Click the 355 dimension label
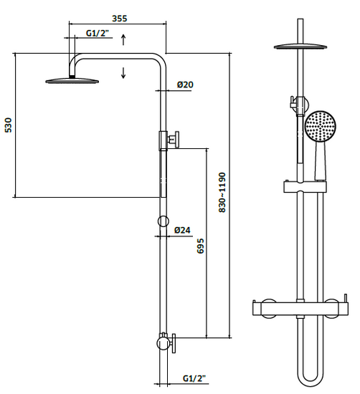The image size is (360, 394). [x=120, y=19]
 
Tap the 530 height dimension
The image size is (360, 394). [x=9, y=125]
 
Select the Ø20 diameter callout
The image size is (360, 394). [x=185, y=85]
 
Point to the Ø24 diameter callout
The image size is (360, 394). [x=182, y=230]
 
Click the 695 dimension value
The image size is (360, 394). [x=201, y=246]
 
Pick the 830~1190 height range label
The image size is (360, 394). [x=222, y=193]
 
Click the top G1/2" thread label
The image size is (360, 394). [x=98, y=33]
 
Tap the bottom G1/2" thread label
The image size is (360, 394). [x=194, y=378]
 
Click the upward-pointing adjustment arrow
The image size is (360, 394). [x=123, y=39]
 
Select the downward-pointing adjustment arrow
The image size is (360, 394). [x=123, y=73]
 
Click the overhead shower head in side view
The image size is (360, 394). [x=72, y=81]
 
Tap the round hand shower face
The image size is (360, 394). [x=321, y=126]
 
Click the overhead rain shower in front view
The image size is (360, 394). [x=300, y=47]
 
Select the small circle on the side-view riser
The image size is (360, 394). [x=164, y=221]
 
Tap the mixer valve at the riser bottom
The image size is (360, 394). [x=166, y=342]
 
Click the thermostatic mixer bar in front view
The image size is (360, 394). [x=300, y=307]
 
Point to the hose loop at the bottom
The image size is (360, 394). [x=309, y=376]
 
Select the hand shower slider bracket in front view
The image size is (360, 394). [x=305, y=187]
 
